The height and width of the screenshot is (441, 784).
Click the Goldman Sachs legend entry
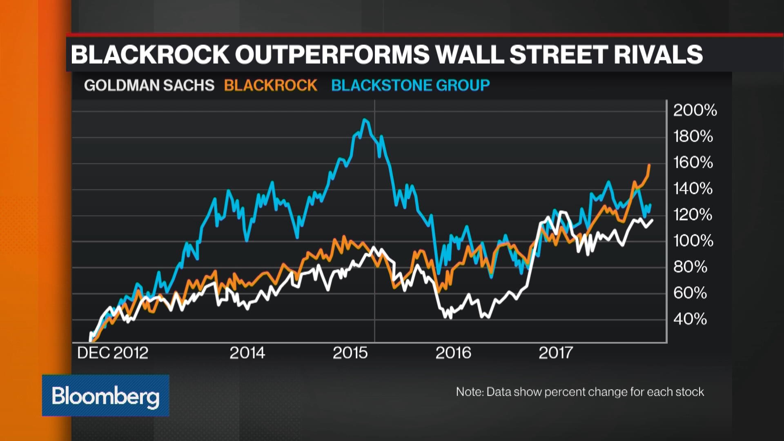149,85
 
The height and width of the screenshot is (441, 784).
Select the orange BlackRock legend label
270,85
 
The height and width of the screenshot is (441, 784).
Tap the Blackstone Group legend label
410,85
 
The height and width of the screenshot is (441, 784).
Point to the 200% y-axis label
695,110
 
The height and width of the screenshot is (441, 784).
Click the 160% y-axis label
693,163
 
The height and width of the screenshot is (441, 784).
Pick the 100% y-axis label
693,241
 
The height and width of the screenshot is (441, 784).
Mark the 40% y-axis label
690,319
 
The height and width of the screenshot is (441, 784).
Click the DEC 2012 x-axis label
113,353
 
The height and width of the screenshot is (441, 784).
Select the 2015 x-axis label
350,353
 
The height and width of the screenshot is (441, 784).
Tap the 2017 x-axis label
556,353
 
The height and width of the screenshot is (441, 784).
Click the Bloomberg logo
105,396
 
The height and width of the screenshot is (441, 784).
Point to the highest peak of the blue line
365,120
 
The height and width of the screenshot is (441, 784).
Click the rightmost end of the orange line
649,165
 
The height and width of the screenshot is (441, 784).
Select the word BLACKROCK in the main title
150,54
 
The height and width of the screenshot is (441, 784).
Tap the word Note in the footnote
469,392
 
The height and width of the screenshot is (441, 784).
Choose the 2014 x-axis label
247,353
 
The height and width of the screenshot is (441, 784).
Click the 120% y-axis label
693,215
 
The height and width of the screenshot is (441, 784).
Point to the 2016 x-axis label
453,353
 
